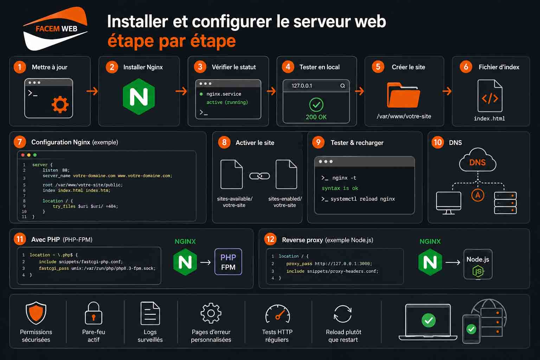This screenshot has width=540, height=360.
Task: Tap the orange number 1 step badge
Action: click(x=20, y=67)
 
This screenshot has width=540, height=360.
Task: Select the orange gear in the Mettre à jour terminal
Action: click(x=60, y=104)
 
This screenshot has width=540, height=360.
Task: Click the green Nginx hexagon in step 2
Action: click(x=139, y=97)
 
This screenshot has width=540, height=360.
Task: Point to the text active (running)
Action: click(x=227, y=102)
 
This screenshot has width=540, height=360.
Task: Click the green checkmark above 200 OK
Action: click(x=316, y=105)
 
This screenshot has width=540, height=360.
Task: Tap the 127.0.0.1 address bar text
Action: click(x=302, y=86)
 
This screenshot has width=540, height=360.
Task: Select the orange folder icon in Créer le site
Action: click(x=403, y=95)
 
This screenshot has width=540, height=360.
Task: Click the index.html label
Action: click(x=489, y=118)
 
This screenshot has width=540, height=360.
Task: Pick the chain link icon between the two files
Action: click(x=259, y=176)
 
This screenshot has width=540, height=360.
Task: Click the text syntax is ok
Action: click(x=340, y=188)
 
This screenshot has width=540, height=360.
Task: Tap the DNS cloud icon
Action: click(x=477, y=161)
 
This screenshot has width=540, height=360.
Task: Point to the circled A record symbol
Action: click(x=477, y=195)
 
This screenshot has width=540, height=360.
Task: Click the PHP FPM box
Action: click(x=228, y=262)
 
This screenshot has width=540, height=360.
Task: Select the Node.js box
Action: click(x=478, y=264)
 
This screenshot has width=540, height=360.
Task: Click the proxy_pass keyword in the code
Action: click(x=299, y=264)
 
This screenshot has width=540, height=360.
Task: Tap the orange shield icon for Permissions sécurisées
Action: click(x=36, y=313)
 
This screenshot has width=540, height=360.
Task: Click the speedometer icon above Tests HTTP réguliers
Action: click(x=277, y=314)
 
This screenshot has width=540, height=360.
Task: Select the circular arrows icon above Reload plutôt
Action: click(x=343, y=314)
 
